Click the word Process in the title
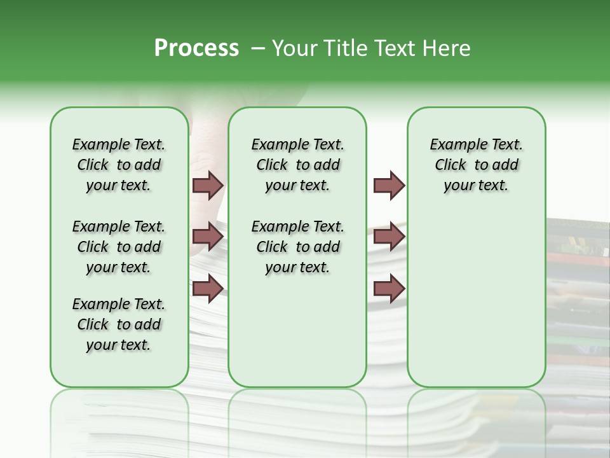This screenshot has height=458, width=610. (196, 48)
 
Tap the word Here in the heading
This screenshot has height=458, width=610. (447, 48)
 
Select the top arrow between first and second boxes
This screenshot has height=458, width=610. (208, 185)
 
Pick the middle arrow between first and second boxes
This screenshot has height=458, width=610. (208, 237)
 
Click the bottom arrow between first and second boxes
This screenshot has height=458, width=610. (208, 288)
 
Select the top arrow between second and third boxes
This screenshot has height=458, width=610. (389, 185)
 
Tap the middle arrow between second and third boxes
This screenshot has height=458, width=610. (389, 237)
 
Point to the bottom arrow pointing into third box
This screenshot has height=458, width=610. (389, 288)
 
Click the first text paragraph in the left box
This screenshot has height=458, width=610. (119, 165)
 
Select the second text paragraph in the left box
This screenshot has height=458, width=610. (119, 247)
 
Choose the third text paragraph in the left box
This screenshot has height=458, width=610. (119, 324)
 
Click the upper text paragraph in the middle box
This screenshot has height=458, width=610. (297, 165)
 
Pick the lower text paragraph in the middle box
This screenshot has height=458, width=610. (297, 247)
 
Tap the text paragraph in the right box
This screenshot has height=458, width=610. (477, 165)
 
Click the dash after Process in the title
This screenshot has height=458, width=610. (257, 48)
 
